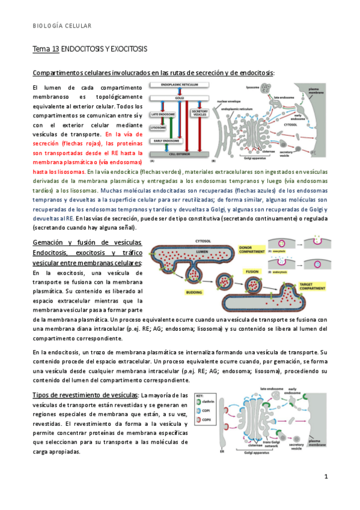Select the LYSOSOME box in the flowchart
tap(159, 127)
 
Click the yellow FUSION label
tap(253, 272)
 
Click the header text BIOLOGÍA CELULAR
tap(62, 26)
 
